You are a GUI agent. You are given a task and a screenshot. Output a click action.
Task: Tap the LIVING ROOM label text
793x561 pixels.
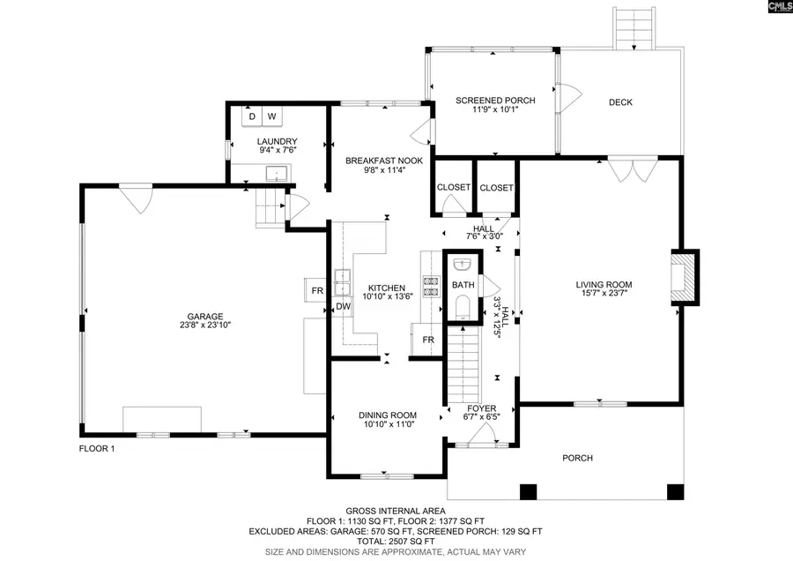[604, 284]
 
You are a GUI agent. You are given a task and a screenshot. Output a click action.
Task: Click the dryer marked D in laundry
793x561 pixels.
[252, 116]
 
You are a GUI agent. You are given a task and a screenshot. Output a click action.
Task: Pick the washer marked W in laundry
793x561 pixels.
[271, 116]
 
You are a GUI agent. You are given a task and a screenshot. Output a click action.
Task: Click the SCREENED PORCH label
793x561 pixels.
[494, 101]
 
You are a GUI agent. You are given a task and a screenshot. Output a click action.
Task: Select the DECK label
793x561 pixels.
[620, 102]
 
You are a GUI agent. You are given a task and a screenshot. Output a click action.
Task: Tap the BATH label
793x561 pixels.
[463, 285]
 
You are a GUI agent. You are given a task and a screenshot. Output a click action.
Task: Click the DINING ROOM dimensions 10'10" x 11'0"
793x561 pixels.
[387, 424]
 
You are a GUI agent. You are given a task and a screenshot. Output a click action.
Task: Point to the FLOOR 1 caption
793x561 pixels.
[97, 449]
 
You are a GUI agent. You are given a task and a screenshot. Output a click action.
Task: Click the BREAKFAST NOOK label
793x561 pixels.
[384, 161]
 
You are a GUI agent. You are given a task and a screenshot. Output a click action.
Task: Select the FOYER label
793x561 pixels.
[481, 408]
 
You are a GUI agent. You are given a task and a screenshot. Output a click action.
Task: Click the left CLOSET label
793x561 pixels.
[454, 188]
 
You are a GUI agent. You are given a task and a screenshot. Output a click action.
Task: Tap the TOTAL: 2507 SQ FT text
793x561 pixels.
[395, 541]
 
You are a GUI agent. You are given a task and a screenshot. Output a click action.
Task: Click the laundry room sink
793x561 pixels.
[278, 173]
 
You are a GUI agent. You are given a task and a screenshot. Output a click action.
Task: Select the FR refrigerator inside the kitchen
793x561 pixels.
[428, 340]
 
